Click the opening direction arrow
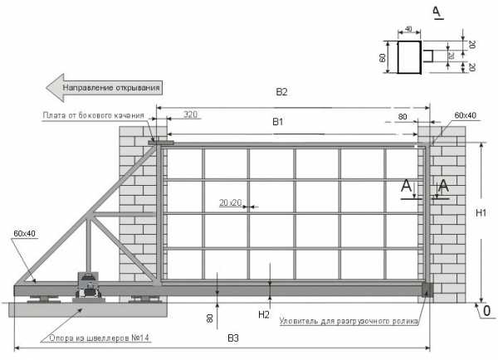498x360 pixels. pos(105,88)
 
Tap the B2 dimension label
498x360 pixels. pos(281,92)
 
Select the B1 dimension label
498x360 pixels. pos(278,122)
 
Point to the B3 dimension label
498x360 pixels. pos(233,338)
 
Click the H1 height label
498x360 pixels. pos(481,213)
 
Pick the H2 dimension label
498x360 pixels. pos(264,314)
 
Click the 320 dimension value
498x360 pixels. pos(190,114)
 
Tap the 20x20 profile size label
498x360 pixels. pos(230,202)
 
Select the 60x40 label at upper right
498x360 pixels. pos(466,115)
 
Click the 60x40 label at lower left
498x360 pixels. pos(24,234)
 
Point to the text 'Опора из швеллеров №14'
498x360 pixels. pos(99,338)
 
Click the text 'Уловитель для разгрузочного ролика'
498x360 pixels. pos(349,321)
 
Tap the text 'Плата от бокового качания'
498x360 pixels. pos(93,115)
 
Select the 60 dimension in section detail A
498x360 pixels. pos(382,57)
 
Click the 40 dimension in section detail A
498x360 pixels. pos(408,29)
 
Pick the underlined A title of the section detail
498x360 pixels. pos(437,12)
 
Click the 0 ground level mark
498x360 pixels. pos(486,311)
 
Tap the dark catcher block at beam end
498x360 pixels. pos(427,289)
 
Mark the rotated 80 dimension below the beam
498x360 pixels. pos(210,319)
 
